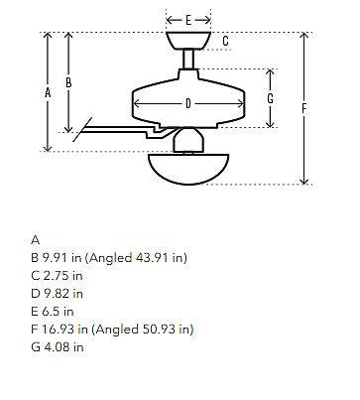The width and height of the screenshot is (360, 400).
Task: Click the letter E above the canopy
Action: click(x=188, y=20)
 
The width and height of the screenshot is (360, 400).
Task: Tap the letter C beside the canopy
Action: click(x=225, y=41)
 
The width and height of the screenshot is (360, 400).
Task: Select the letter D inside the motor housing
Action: click(x=188, y=104)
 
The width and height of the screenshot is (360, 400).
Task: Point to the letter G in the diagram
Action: click(x=271, y=98)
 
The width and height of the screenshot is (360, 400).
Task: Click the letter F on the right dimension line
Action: click(x=304, y=108)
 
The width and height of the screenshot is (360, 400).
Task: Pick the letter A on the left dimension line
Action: click(x=48, y=93)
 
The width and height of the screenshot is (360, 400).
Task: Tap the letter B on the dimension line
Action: click(x=68, y=82)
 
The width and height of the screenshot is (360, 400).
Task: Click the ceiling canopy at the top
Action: click(x=188, y=41)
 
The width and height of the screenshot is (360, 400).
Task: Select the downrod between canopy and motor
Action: click(x=188, y=59)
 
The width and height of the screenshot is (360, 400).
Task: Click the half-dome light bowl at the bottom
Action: click(x=188, y=169)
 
